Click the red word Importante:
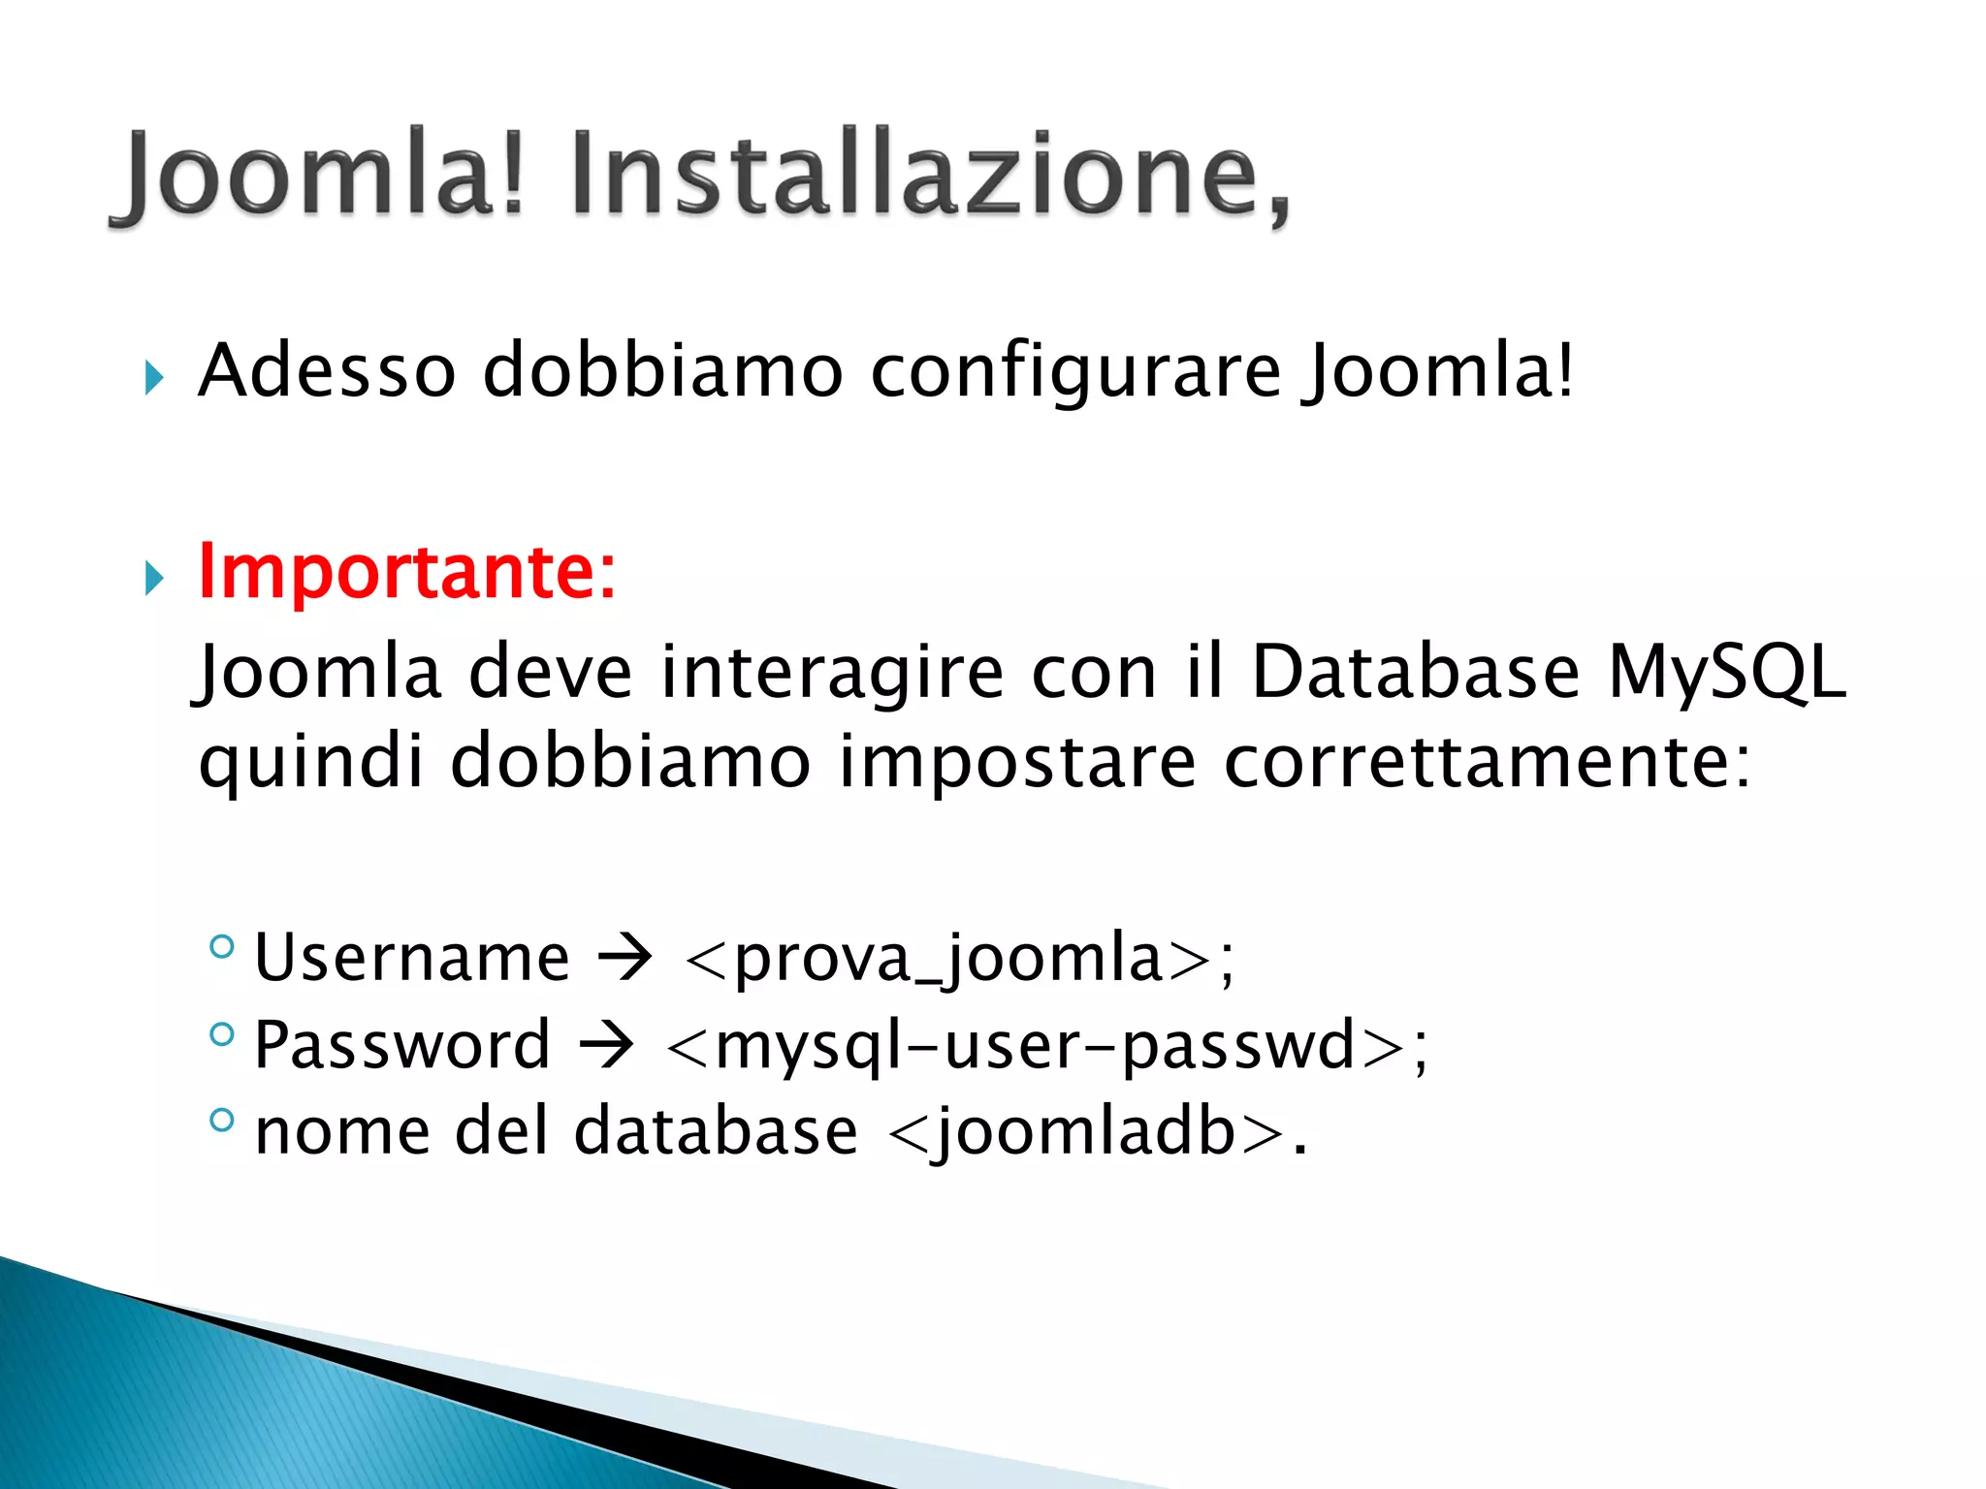[406, 572]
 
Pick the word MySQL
[1727, 671]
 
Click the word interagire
[832, 673]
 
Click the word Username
[412, 958]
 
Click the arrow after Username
[625, 958]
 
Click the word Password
[402, 1045]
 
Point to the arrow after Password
[607, 1045]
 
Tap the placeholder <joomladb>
[1085, 1132]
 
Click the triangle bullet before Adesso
[154, 377]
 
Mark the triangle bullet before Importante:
[154, 579]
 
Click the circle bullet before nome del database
[222, 1121]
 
